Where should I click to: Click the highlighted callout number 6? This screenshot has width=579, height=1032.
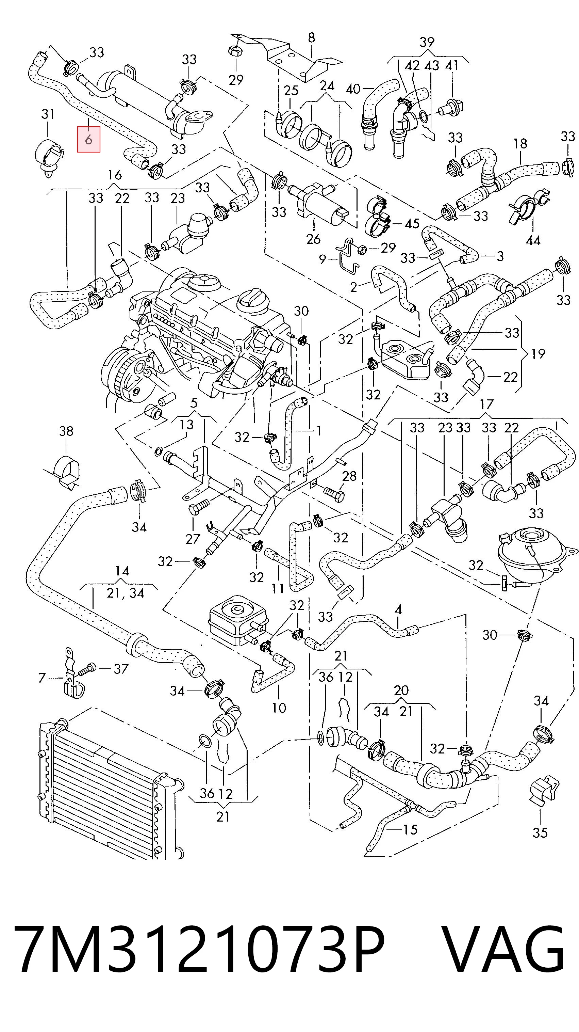tap(88, 139)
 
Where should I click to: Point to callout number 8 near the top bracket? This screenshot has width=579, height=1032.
tap(311, 38)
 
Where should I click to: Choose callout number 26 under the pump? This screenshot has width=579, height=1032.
tap(313, 239)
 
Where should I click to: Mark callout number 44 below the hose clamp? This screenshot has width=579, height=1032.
tap(533, 241)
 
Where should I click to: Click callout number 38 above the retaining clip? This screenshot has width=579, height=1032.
tap(66, 431)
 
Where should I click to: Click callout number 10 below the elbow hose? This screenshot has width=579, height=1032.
tap(279, 708)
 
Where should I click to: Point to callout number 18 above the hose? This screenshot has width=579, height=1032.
tap(520, 143)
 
